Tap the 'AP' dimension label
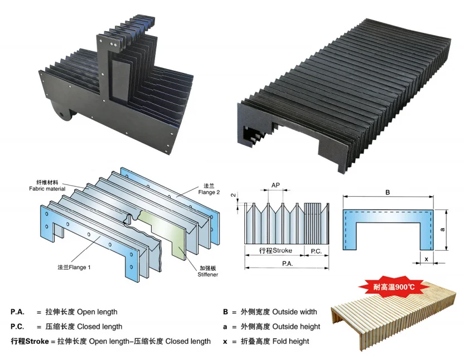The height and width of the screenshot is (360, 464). pyautogui.click(x=275, y=185)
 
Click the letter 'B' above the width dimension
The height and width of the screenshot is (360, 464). pyautogui.click(x=388, y=192)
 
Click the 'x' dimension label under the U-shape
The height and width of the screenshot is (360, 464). pyautogui.click(x=426, y=259)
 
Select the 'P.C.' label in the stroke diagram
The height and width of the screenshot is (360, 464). pyautogui.click(x=316, y=251)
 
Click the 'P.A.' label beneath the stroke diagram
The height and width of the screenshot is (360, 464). pyautogui.click(x=287, y=264)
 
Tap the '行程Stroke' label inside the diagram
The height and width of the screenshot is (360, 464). pyautogui.click(x=273, y=251)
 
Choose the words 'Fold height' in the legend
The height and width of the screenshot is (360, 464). pyautogui.click(x=293, y=340)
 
